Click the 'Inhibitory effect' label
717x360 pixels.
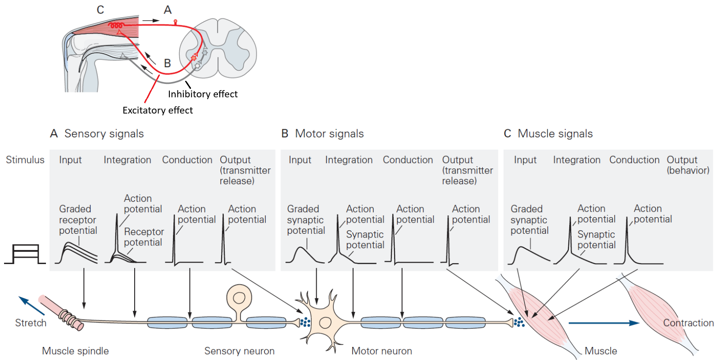pyautogui.click(x=203, y=94)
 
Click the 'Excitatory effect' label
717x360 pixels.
pyautogui.click(x=158, y=110)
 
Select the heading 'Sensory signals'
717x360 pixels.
pyautogui.click(x=104, y=134)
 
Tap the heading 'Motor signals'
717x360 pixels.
pyautogui.click(x=329, y=134)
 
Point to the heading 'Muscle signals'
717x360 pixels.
pyautogui.click(x=555, y=134)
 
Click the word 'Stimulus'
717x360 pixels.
pyautogui.click(x=25, y=160)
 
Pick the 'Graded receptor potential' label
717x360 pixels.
pyautogui.click(x=78, y=220)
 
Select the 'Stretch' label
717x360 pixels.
pyautogui.click(x=31, y=323)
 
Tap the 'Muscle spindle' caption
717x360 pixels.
pyautogui.click(x=75, y=351)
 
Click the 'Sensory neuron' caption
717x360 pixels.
pyautogui.click(x=239, y=351)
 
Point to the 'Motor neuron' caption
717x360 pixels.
pyautogui.click(x=381, y=351)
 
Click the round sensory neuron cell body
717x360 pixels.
pyautogui.click(x=239, y=298)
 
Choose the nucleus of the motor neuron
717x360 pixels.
pyautogui.click(x=325, y=323)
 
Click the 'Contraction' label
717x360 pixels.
pyautogui.click(x=688, y=323)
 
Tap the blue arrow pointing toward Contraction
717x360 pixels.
pyautogui.click(x=604, y=323)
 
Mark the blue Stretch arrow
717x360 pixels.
pyautogui.click(x=31, y=305)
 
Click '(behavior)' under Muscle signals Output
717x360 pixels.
pyautogui.click(x=688, y=171)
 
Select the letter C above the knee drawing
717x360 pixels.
pyautogui.click(x=100, y=10)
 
